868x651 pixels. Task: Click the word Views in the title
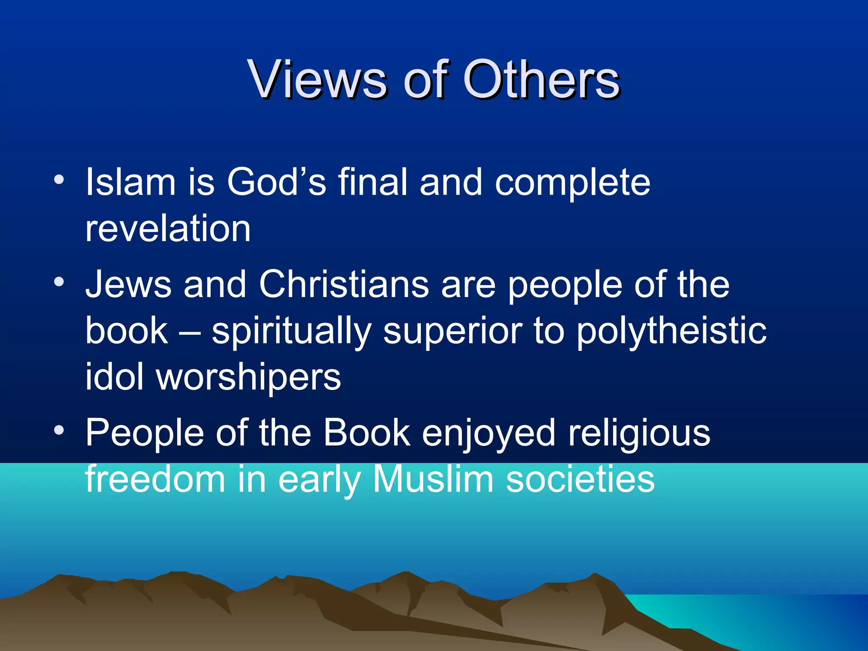click(317, 79)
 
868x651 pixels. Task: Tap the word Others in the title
click(541, 79)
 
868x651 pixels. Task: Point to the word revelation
click(168, 229)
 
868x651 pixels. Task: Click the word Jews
click(128, 284)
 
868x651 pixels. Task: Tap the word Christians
click(344, 284)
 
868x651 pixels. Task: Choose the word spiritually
click(292, 331)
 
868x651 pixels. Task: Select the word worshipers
click(248, 377)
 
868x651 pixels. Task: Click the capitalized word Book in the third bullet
click(367, 433)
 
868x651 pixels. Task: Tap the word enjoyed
click(488, 434)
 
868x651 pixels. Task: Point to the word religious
click(639, 434)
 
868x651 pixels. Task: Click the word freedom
click(155, 479)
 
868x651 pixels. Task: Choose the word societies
click(580, 479)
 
